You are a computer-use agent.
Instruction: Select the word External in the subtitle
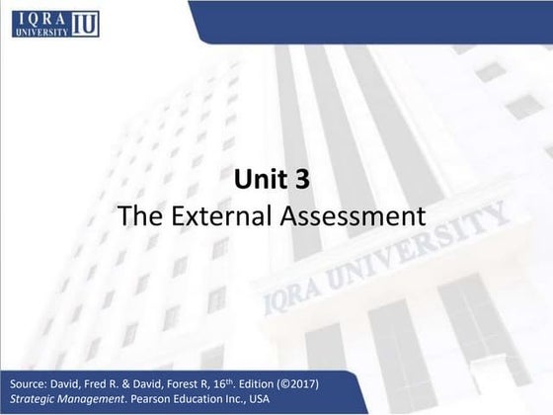[232, 214]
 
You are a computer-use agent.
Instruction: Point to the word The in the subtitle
[136, 214]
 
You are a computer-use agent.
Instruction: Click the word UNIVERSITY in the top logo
[39, 32]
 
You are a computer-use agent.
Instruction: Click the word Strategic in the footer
[31, 398]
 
